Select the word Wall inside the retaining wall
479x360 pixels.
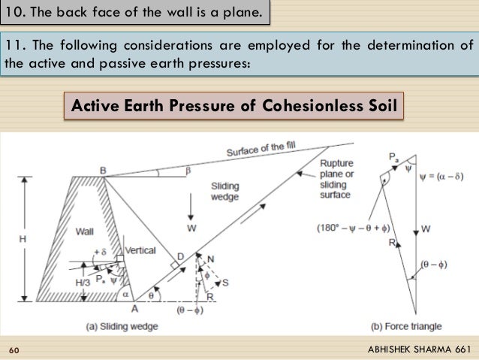(x=86, y=234)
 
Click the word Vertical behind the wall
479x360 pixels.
(x=140, y=250)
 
